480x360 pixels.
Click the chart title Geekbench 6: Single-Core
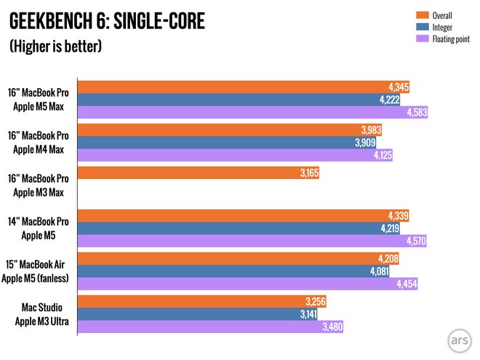[107, 22]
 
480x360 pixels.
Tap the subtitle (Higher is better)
[55, 47]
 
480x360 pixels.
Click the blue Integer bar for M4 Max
[218, 143]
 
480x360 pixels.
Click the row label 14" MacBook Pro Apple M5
[41, 228]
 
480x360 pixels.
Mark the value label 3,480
[331, 327]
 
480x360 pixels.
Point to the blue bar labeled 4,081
[218, 271]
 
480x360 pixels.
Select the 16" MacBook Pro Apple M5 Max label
[39, 99]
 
